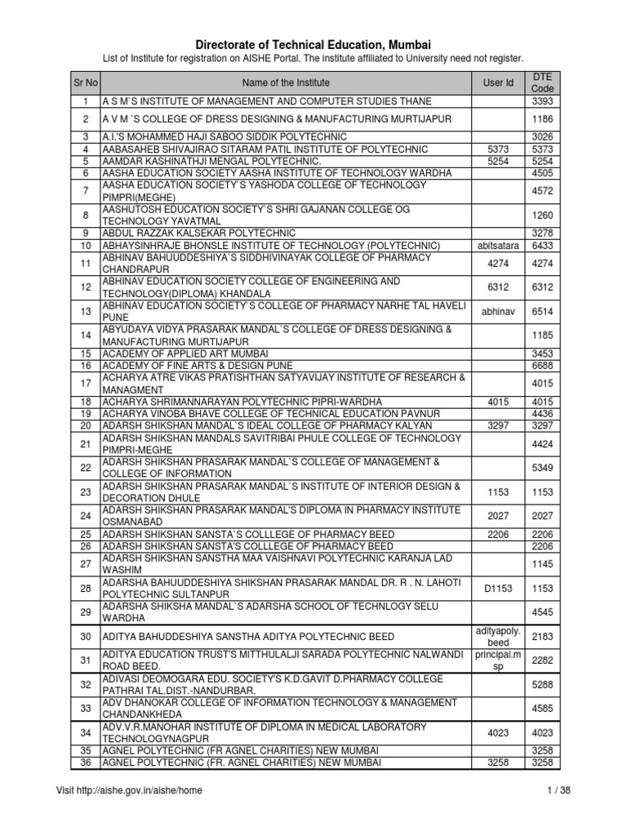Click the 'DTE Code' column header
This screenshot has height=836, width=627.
[x=542, y=82]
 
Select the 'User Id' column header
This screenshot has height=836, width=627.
[x=499, y=82]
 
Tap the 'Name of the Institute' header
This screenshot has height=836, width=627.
[x=285, y=82]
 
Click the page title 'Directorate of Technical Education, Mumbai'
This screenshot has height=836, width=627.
[x=313, y=44]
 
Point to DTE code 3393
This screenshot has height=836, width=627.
[x=542, y=101]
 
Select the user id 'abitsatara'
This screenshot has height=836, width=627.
[x=499, y=246]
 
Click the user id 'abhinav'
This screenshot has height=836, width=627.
[x=499, y=311]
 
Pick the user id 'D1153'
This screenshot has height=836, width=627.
[x=499, y=588]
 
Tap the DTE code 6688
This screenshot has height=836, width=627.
[x=542, y=366]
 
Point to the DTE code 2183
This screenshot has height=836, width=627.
[x=542, y=636]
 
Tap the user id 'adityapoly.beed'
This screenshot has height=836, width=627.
[x=499, y=636]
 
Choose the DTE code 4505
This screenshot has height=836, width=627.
[x=542, y=172]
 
